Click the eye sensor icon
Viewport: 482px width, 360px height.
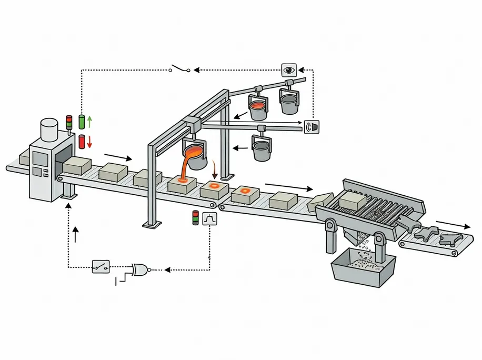289,69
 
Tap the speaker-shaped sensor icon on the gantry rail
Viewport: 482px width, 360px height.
312,126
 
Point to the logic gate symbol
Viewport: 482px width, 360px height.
140,269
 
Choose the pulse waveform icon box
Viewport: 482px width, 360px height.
209,218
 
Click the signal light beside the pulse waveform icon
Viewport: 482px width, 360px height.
196,218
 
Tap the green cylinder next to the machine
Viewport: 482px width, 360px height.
82,122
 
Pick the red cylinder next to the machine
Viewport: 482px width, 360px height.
82,141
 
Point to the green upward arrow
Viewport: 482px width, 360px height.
89,122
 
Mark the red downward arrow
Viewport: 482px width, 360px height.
89,141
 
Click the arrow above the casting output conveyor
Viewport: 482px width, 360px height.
454,225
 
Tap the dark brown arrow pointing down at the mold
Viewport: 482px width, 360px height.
215,171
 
